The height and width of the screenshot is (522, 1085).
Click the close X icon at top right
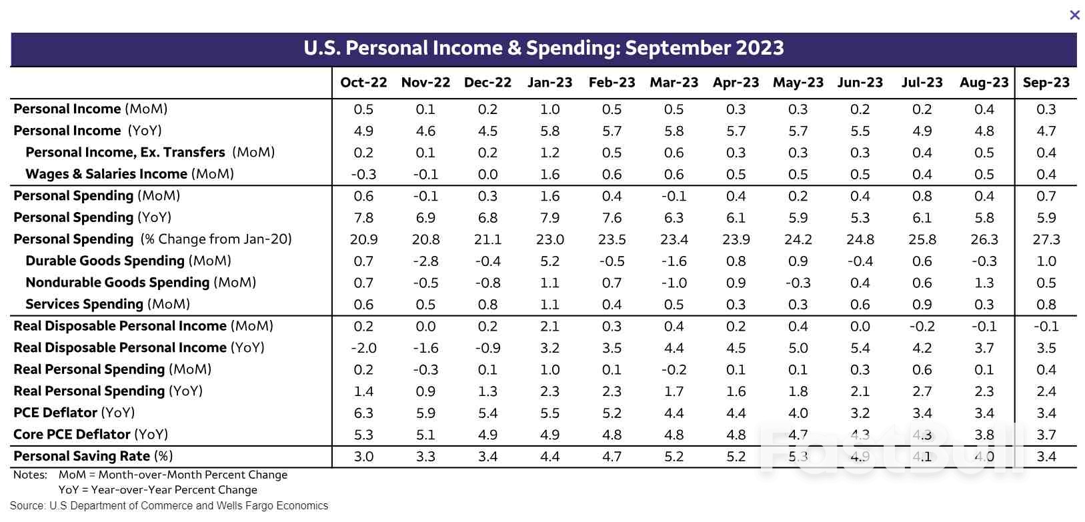[1074, 15]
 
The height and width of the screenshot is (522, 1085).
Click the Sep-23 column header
[1046, 83]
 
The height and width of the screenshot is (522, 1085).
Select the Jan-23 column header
[550, 83]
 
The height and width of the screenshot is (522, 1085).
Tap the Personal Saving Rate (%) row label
[93, 457]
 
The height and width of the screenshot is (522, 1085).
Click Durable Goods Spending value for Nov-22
[425, 261]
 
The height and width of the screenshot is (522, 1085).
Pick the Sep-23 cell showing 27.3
[1046, 239]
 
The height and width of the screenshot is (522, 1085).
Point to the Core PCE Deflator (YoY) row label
[91, 435]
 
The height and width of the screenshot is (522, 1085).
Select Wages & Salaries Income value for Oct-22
[363, 175]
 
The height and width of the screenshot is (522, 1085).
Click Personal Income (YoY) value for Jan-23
[550, 131]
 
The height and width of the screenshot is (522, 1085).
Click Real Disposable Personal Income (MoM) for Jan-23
[550, 327]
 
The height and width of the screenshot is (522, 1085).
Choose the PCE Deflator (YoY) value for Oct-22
[363, 413]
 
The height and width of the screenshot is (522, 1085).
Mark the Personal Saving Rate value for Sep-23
[1046, 457]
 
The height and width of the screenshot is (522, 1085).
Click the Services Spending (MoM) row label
[107, 305]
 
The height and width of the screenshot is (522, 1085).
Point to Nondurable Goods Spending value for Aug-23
[984, 283]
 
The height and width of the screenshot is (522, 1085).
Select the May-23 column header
[798, 83]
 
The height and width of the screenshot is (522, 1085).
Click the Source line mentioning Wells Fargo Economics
[169, 506]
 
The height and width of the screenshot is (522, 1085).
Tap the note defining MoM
[173, 475]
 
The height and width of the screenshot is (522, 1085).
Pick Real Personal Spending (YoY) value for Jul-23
[922, 391]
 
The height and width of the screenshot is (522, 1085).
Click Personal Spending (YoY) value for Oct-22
[363, 218]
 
